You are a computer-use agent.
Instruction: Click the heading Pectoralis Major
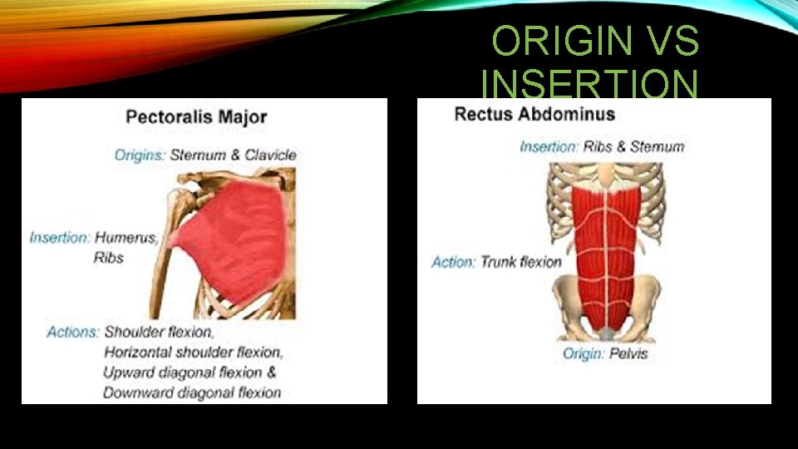pyautogui.click(x=196, y=116)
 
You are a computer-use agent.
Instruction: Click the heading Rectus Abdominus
pyautogui.click(x=534, y=114)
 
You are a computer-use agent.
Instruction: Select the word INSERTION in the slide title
pyautogui.click(x=590, y=85)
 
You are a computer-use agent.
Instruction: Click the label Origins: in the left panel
pyautogui.click(x=140, y=155)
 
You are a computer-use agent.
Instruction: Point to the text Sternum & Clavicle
pyautogui.click(x=233, y=155)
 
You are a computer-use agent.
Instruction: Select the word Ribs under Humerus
pyautogui.click(x=108, y=258)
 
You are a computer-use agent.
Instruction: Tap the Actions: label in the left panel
pyautogui.click(x=73, y=332)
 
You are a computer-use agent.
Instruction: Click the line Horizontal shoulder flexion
pyautogui.click(x=194, y=352)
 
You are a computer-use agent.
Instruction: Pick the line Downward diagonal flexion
pyautogui.click(x=192, y=392)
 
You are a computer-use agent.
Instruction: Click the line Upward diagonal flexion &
pyautogui.click(x=190, y=372)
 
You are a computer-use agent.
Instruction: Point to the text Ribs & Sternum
pyautogui.click(x=634, y=147)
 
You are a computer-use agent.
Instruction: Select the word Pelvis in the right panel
pyautogui.click(x=627, y=353)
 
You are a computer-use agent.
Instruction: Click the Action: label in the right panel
pyautogui.click(x=454, y=262)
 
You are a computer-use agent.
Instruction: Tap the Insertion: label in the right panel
pyautogui.click(x=549, y=147)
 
